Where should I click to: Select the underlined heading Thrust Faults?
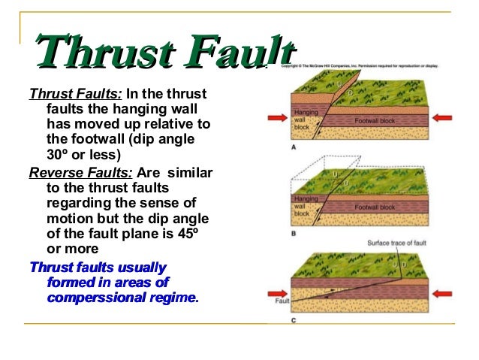click(75, 95)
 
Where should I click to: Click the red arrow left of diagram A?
click(269, 118)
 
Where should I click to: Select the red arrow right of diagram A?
click(444, 118)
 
